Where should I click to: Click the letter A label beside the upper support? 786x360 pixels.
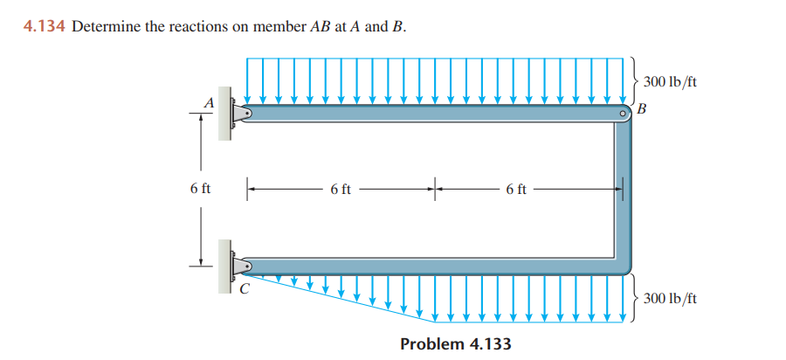[209, 102]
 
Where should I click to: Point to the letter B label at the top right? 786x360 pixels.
[644, 109]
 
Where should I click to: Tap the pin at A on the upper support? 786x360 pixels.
[246, 113]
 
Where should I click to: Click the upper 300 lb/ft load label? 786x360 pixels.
[670, 82]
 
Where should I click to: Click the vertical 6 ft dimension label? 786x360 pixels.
[199, 188]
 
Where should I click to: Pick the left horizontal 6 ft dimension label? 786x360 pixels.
[341, 188]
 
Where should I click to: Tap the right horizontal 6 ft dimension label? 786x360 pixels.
[515, 188]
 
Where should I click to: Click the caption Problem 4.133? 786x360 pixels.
[455, 343]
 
